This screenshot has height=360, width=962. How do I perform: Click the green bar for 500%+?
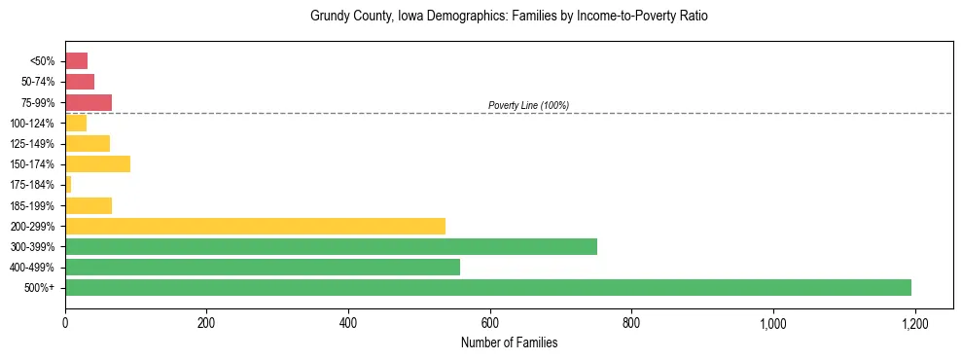[487, 287]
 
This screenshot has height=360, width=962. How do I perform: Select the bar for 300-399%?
[331, 246]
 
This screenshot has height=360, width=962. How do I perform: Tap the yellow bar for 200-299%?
[255, 226]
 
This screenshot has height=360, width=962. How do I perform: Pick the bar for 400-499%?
[263, 267]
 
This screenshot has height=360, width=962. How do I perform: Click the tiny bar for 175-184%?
[68, 184]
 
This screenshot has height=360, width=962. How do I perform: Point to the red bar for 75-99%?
[89, 102]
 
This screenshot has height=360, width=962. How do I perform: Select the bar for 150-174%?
[97, 163]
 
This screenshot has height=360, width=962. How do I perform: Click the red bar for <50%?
[76, 60]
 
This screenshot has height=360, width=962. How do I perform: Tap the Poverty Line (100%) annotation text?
[528, 105]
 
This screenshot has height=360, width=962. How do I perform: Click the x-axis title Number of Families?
[509, 342]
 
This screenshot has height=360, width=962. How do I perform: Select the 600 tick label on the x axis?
[489, 322]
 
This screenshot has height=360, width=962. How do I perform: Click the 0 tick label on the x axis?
[65, 322]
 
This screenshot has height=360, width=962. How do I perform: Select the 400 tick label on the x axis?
[348, 322]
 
